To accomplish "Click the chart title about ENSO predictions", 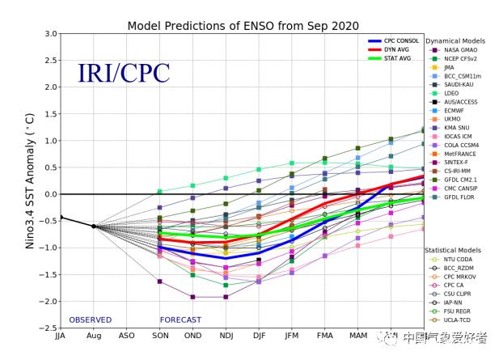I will tap(243, 26).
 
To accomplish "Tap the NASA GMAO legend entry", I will tap(460, 51).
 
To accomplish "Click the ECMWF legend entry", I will tap(454, 110).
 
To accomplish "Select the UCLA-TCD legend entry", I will tap(458, 320).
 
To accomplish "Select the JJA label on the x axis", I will tap(60, 337).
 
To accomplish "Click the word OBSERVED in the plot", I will tap(91, 320).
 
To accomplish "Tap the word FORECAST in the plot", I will tap(180, 320).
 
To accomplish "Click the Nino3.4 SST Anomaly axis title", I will tap(30, 180).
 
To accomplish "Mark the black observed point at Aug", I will tap(94, 227).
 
